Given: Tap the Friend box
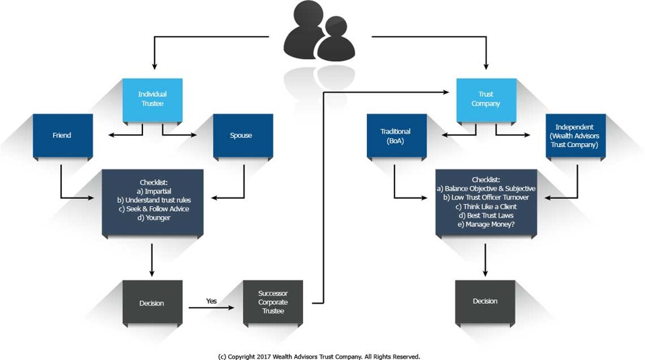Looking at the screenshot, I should click(62, 135).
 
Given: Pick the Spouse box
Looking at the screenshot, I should click(242, 135).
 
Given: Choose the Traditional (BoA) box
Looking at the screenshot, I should click(396, 136).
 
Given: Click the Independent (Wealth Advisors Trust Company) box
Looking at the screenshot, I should click(576, 135).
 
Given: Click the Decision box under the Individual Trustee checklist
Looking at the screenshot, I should click(151, 303).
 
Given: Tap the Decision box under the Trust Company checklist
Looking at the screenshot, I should click(485, 301).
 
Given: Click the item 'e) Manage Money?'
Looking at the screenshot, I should click(486, 224).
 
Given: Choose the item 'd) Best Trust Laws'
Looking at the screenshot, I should click(486, 215).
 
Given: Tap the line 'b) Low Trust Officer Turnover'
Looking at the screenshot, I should click(486, 197).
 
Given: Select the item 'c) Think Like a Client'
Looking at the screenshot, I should click(486, 206).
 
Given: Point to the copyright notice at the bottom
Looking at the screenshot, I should click(319, 356).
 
